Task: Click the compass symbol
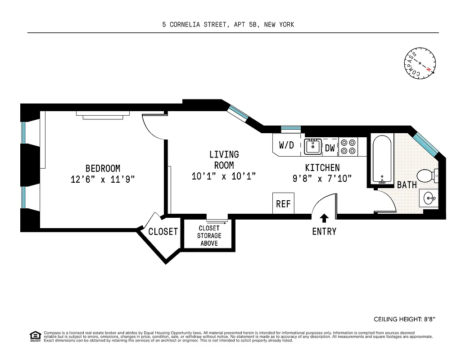pos(420,63)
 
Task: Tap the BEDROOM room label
pos(103,168)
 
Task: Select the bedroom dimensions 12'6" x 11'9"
pos(103,179)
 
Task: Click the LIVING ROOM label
pos(224,160)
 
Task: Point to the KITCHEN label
pos(322,167)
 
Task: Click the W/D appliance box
pos(286,145)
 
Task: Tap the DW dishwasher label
pos(330,147)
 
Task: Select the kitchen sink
pos(312,146)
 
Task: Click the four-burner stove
pos(348,146)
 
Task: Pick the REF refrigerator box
pos(283,204)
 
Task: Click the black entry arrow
pos(324,218)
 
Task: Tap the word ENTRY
pos(324,232)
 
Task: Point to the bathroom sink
pos(430,198)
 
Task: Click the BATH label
pos(407,185)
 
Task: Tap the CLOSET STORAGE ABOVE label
pos(209,236)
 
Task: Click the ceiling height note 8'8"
pos(404,319)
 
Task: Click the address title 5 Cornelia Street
pos(228,25)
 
